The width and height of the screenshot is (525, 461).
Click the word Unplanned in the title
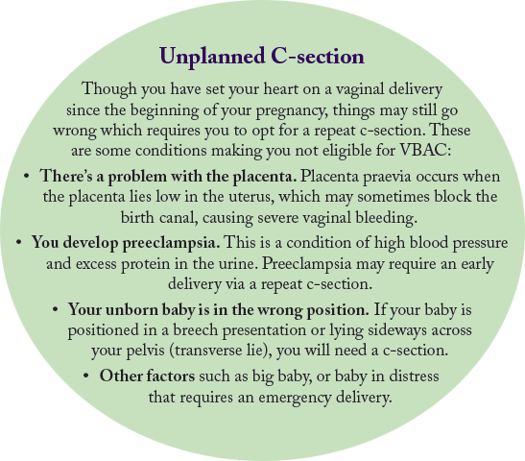click(212, 57)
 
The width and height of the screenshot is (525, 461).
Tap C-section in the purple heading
click(318, 57)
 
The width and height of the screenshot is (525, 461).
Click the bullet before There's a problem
click(26, 177)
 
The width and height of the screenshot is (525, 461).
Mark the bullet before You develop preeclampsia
click(18, 242)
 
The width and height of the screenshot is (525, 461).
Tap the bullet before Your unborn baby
click(56, 309)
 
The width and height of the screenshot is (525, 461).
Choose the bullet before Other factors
click(86, 376)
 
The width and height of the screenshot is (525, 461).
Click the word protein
click(145, 265)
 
